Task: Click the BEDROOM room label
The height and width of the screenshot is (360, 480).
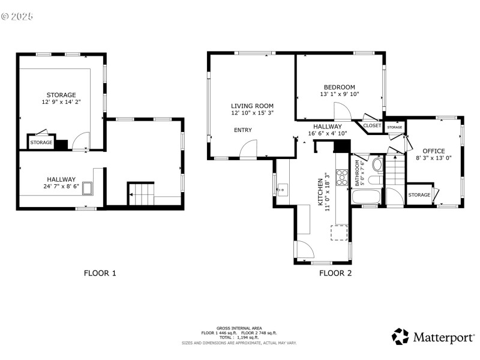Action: [x=339, y=87]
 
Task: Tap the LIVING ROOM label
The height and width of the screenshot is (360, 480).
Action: [x=253, y=105]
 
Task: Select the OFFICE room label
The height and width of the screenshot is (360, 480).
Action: [x=433, y=151]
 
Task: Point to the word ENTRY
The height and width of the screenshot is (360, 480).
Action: [x=243, y=130]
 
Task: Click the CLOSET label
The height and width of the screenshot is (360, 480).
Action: [x=372, y=126]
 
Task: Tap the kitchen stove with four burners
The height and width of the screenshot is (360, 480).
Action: [x=342, y=176]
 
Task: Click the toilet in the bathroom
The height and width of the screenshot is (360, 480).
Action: [x=377, y=164]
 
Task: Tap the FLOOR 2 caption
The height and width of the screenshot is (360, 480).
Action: [x=335, y=273]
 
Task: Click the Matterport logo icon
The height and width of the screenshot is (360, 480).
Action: [x=400, y=336]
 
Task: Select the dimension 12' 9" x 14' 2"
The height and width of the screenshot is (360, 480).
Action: [x=61, y=103]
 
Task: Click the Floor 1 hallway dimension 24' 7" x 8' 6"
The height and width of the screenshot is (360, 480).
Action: [x=61, y=187]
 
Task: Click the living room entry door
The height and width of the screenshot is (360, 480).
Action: [x=248, y=150]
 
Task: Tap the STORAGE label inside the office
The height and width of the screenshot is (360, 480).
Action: [x=419, y=195]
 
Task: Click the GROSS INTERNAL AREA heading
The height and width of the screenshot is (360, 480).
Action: [x=239, y=328]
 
